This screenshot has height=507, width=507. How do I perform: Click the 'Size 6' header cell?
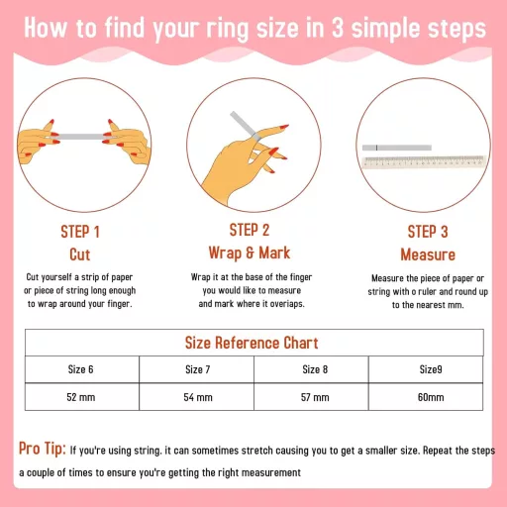coord(82,369)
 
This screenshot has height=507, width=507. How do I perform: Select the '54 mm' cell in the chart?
coord(197,397)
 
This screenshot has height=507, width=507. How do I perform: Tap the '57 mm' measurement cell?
coord(311,397)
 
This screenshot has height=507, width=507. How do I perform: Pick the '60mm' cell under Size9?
coord(426,397)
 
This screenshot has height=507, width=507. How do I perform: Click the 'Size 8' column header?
coord(311,369)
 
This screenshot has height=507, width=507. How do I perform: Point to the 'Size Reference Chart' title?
coord(252,343)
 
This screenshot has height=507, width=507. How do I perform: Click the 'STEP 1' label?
coord(80,232)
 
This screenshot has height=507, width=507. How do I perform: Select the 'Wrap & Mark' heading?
coord(250,253)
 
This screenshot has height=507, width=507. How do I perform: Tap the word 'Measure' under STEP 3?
coord(428,254)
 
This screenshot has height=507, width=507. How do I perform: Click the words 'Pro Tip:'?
coord(43,449)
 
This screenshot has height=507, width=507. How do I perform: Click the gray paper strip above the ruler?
coord(397,148)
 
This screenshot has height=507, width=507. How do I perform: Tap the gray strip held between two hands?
coord(81,137)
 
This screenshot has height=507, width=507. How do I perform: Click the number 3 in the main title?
coord(338,28)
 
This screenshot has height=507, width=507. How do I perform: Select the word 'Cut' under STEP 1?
coord(80,254)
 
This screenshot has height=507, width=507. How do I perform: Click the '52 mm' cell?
coord(82,397)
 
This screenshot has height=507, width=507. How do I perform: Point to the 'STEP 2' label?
coord(250,230)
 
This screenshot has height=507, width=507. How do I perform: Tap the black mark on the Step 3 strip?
coord(376,148)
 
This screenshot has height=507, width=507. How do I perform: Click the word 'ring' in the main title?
coord(228,29)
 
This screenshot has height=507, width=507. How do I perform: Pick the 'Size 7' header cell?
coord(197,369)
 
